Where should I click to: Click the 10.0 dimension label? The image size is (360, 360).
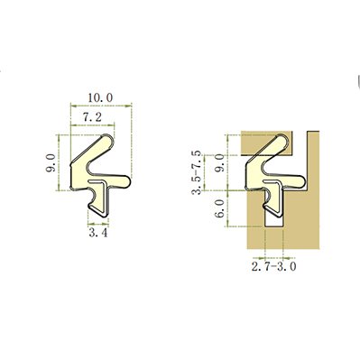tap(100, 97)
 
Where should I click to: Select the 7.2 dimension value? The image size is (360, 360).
tap(92, 117)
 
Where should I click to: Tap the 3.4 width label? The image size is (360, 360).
tap(98, 233)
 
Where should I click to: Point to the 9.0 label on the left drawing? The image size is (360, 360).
tap(51, 162)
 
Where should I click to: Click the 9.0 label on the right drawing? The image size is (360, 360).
tap(220, 162)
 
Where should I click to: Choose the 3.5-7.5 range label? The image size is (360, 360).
tap(197, 172)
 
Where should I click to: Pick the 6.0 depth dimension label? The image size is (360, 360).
tap(220, 208)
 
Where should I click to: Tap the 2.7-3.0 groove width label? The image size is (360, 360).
tap(273, 266)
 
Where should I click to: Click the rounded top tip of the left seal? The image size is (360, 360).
tap(108, 138)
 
